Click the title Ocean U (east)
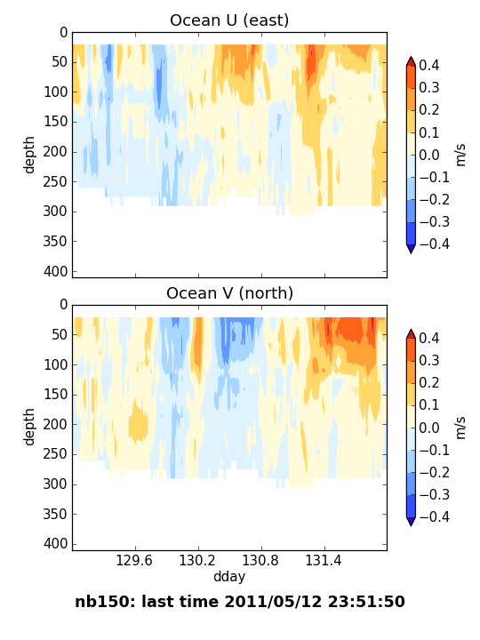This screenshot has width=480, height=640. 229,20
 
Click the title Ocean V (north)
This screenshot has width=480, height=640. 230,293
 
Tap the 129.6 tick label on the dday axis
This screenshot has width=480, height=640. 134,560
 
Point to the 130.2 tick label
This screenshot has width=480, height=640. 197,560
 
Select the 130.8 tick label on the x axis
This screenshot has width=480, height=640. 260,560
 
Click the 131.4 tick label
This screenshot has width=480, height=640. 324,560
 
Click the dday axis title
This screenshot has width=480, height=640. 229,577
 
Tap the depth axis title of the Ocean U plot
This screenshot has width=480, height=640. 29,155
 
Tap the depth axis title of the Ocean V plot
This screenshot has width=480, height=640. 29,428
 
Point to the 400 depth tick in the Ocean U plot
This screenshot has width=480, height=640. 55,271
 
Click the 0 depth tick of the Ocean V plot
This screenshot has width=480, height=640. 64,305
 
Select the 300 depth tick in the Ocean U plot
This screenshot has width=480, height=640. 55,212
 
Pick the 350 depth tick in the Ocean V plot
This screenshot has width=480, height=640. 55,515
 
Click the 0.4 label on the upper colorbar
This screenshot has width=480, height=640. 429,65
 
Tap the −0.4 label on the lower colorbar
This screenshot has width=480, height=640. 435,517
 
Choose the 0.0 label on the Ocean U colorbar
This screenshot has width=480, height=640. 429,155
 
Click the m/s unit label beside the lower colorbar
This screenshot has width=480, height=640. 460,428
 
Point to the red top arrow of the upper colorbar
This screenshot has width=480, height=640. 411,61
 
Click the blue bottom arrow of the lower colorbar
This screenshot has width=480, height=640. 411,522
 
